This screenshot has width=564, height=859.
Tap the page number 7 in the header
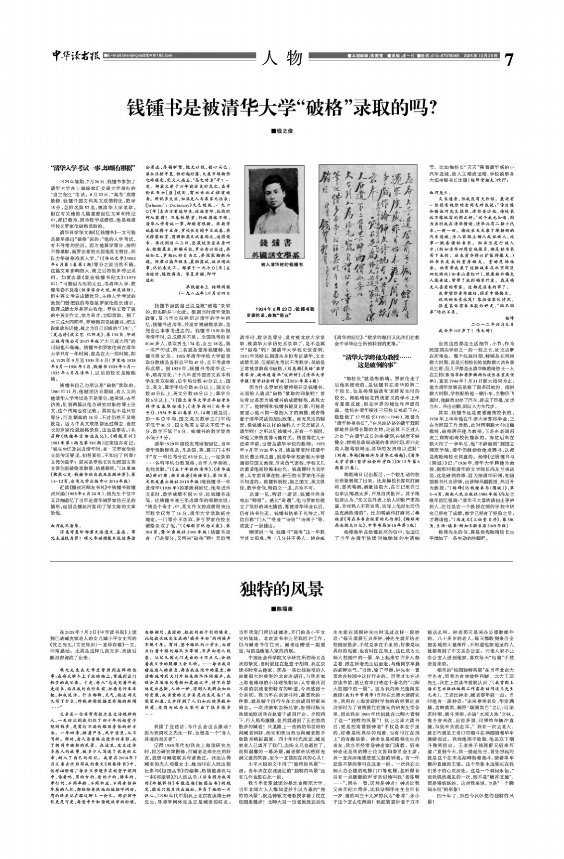point(508,60)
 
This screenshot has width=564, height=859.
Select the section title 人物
point(282,58)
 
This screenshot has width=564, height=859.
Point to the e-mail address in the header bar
point(135,55)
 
